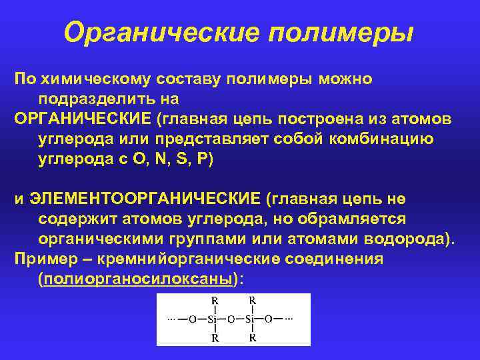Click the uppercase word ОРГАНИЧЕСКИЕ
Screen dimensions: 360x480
point(83,119)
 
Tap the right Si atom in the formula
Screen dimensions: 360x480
point(251,319)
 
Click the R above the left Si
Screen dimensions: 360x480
point(214,301)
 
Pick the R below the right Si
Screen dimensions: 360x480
point(252,338)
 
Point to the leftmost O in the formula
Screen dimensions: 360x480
point(193,319)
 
